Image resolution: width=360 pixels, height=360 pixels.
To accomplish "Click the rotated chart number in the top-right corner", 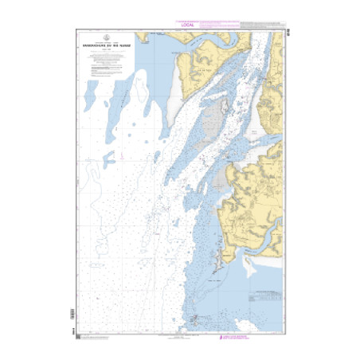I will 286,34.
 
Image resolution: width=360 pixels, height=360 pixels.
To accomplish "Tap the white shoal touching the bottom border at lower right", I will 267,323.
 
